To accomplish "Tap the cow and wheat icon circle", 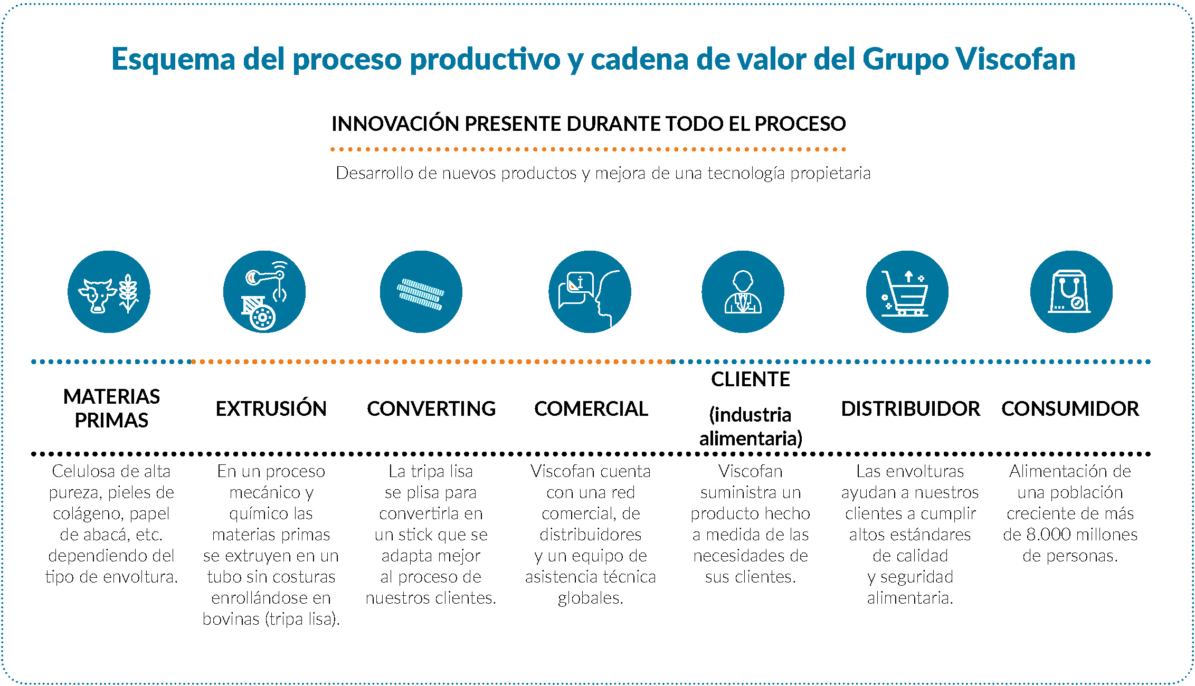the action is click(x=109, y=292).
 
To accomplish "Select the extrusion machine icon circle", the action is click(x=264, y=292).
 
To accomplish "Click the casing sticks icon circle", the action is click(x=421, y=292).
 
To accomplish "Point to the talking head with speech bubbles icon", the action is click(x=590, y=292).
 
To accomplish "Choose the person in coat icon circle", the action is click(x=743, y=292).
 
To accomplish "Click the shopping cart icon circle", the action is click(x=907, y=292).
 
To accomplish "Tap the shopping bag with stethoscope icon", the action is click(x=1071, y=292).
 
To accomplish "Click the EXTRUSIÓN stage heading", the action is click(x=271, y=409).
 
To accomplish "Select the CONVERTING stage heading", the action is click(x=431, y=409).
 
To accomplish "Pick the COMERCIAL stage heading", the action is click(x=591, y=409).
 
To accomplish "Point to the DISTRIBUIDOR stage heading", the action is click(x=911, y=409).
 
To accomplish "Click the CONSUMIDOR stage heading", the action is click(x=1070, y=409).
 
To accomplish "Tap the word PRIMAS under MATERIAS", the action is click(x=111, y=421).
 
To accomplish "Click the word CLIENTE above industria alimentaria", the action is click(x=751, y=379).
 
